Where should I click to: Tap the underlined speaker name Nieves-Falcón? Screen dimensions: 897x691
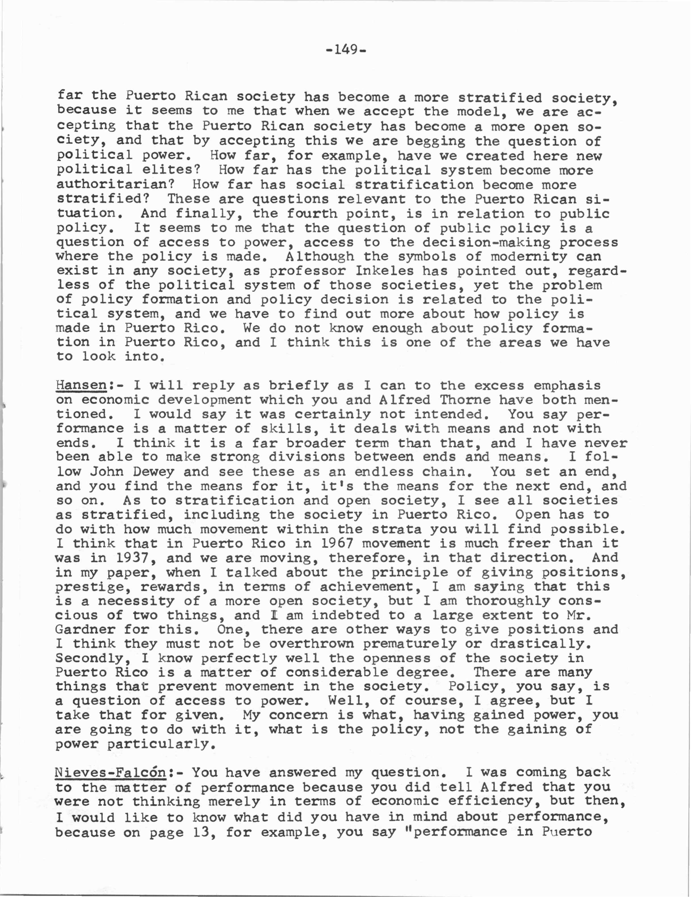[x=110, y=772]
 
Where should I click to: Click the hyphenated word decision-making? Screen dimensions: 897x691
[x=486, y=242]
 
